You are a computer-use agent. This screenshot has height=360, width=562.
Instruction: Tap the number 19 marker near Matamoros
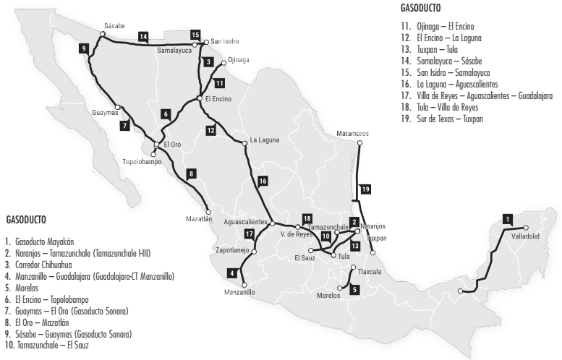(x=366, y=189)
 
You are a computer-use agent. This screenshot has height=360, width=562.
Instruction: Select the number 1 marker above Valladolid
(x=508, y=219)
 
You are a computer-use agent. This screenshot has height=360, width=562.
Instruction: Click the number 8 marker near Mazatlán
(x=191, y=173)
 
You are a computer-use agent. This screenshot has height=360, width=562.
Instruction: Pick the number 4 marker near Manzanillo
(x=231, y=273)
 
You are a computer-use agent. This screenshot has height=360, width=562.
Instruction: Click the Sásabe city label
(x=114, y=25)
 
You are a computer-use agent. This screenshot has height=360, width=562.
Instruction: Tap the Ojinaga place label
(x=238, y=60)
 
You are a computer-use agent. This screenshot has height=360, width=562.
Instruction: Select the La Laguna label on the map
(x=264, y=139)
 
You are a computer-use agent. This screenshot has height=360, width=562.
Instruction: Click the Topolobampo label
(x=142, y=161)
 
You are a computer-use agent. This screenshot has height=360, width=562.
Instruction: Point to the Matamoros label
(x=353, y=134)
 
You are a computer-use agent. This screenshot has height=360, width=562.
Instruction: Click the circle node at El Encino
(x=199, y=98)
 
